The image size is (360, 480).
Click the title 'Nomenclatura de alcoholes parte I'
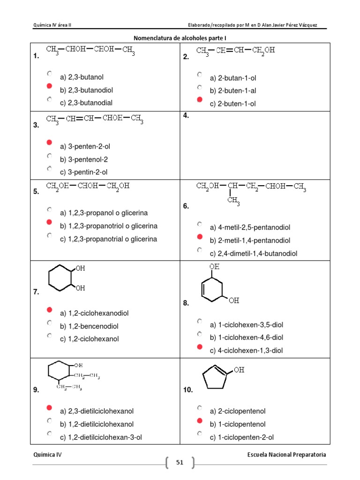click(180, 38)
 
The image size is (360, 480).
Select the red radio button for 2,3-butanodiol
click(49, 86)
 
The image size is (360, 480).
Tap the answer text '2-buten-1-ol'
click(232, 104)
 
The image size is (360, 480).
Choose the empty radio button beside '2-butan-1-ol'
click(199, 74)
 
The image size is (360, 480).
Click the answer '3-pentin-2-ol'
click(88, 172)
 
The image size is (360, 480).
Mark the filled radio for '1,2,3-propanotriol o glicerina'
click(49, 223)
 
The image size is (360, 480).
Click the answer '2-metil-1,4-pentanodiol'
click(250, 240)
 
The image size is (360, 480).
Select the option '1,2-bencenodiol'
click(89, 326)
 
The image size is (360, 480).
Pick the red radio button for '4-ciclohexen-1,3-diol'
click(199, 347)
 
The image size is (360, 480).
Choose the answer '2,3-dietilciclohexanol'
click(97, 411)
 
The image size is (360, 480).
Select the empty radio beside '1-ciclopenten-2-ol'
click(199, 434)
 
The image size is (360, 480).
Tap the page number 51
click(180, 463)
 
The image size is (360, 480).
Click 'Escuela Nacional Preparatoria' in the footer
click(286, 454)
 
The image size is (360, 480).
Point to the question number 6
click(186, 206)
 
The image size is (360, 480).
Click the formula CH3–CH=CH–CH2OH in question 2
click(235, 51)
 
